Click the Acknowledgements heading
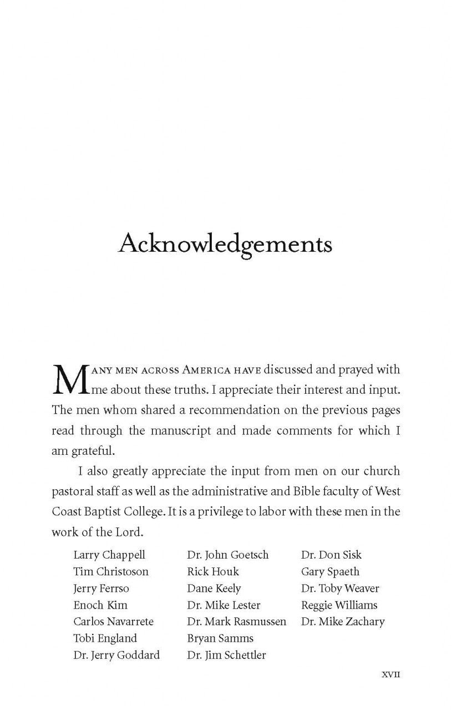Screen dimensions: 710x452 [x=225, y=245]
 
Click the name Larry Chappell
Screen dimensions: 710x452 [x=109, y=555]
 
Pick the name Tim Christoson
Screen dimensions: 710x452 [x=111, y=572]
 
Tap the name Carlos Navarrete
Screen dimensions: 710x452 [x=113, y=622]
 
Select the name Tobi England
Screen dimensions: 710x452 [x=105, y=638]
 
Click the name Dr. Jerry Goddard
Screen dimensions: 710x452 [x=116, y=655]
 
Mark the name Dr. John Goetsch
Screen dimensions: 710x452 [x=228, y=555]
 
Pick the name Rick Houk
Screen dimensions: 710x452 [x=213, y=572]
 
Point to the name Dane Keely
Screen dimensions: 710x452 [x=214, y=589]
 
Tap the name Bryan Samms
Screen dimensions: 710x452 [x=220, y=638]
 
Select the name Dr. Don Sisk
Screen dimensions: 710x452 [x=331, y=555]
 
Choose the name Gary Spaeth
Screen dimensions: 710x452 [x=330, y=572]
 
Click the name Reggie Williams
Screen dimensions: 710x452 [x=339, y=605]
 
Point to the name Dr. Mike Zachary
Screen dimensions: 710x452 [x=343, y=622]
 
